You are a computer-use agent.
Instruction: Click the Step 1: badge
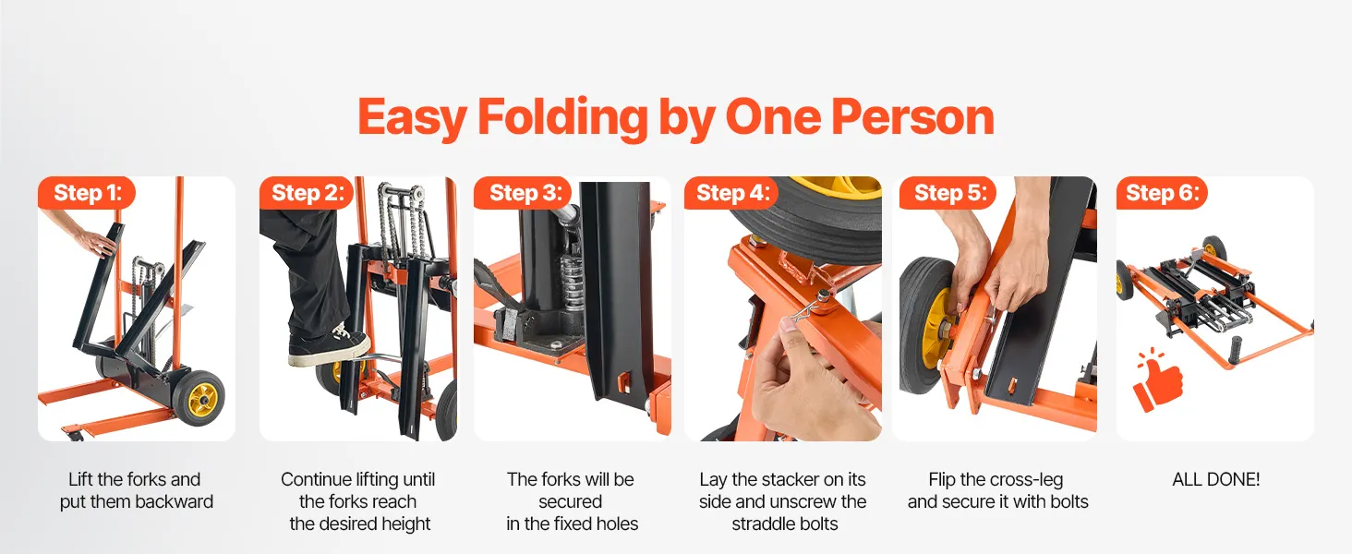point(87,193)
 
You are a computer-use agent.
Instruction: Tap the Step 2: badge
point(307,193)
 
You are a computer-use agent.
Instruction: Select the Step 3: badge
point(523,193)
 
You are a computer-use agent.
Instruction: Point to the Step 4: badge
point(731,193)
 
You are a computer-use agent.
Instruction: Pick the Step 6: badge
point(1162,193)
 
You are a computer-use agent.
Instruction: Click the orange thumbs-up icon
point(1158,380)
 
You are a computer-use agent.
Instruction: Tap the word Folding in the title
point(562,118)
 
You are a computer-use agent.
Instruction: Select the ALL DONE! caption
point(1215,480)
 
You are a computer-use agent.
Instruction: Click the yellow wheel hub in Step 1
point(202,397)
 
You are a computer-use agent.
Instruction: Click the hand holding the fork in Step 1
point(97,241)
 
